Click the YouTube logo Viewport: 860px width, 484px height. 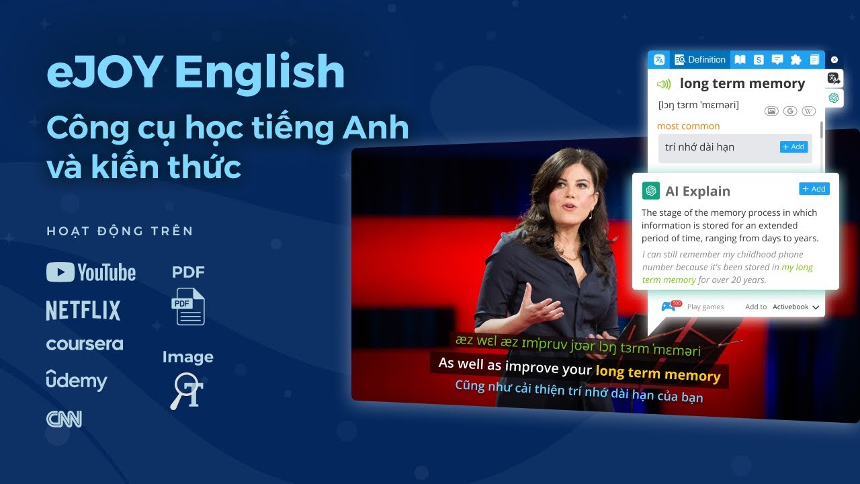coord(91,272)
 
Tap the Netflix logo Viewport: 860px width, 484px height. coord(83,311)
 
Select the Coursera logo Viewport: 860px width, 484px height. coord(85,344)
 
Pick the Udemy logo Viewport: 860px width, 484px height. coord(77,380)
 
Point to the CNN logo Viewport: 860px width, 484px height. coord(64,419)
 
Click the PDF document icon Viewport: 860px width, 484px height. coord(188,306)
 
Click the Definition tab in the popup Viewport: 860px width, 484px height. coord(700,60)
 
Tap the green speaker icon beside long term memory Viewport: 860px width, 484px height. coord(664,84)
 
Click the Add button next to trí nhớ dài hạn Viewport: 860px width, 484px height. coord(793,147)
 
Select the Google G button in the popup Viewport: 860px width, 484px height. coord(790,111)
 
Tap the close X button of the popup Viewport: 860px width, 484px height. coord(834,60)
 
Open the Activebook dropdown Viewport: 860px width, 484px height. coord(795,307)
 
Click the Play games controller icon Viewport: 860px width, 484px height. coord(669,307)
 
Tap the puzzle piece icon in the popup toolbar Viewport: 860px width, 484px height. coord(796,60)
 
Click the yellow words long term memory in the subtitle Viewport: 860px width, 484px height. coord(658,374)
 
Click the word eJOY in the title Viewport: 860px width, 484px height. coord(104,73)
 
